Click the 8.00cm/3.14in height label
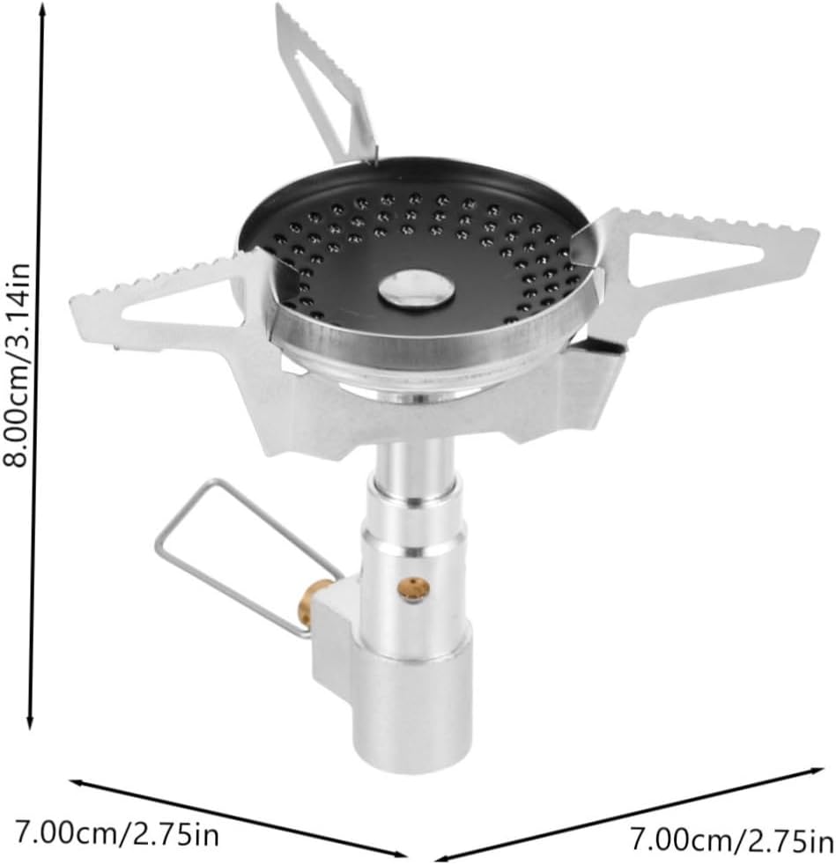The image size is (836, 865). click(x=16, y=365)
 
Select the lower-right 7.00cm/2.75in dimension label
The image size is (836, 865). click(x=732, y=841)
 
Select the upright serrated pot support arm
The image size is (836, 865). click(x=326, y=83)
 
